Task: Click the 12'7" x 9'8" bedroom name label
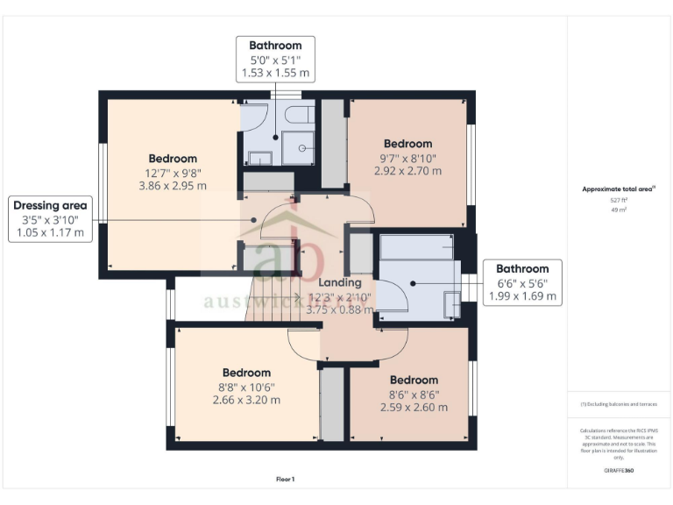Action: point(172,158)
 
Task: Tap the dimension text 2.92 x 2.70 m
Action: point(407,171)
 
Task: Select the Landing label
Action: point(339,283)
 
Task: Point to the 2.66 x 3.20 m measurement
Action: point(246,400)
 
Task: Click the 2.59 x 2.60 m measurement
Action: point(414,407)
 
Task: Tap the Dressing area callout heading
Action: point(50,205)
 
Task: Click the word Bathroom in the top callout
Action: point(275,46)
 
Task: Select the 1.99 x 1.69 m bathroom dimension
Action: point(523,297)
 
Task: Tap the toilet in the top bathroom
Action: point(299,116)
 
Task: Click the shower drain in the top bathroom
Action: point(303,148)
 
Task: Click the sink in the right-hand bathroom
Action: point(451,303)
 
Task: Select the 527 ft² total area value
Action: point(619,201)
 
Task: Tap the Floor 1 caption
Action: point(286,480)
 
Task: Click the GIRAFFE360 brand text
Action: point(619,471)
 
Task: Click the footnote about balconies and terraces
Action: point(619,404)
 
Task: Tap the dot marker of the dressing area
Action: point(255,219)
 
